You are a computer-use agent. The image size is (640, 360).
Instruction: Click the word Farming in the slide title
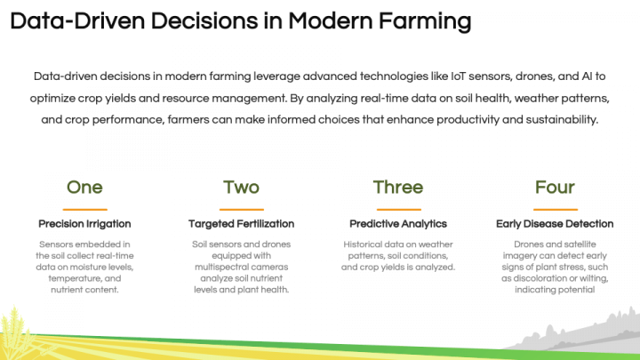pos(417,21)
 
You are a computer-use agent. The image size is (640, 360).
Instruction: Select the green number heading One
pos(85,187)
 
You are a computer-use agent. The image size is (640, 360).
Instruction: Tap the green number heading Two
pos(241,187)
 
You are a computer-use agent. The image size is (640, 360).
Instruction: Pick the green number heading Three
pos(397,187)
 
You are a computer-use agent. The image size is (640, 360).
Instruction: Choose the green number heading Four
pos(555,187)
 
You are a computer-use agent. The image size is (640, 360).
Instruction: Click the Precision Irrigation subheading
pos(85,224)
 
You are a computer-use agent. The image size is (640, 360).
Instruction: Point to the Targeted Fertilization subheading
pos(241,224)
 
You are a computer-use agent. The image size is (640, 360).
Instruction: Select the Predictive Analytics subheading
pos(397,224)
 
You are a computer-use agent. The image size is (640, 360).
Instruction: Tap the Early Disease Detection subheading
pos(555,224)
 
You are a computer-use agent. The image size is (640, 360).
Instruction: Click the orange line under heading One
pos(85,209)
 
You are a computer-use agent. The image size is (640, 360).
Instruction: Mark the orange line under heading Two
pos(241,209)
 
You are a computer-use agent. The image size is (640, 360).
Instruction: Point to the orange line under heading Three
pos(397,209)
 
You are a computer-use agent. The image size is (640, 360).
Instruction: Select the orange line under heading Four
pos(555,209)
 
